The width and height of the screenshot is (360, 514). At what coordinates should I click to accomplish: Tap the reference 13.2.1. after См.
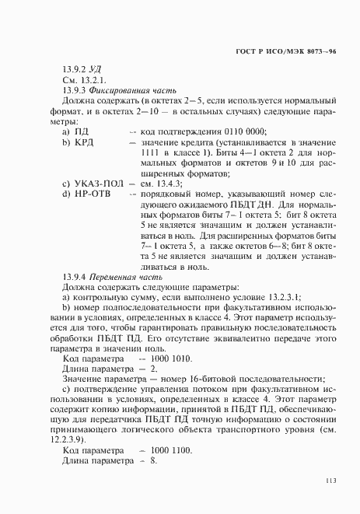click(90, 79)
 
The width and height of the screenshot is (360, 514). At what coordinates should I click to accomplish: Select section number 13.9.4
click(75, 277)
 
